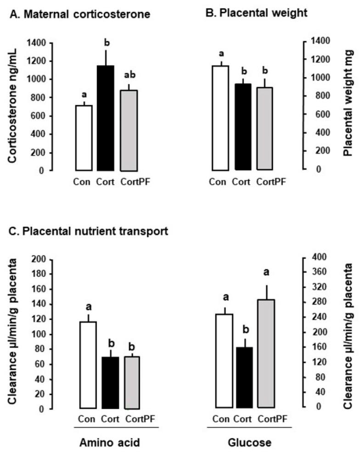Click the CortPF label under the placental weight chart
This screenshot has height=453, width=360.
coord(271,181)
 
